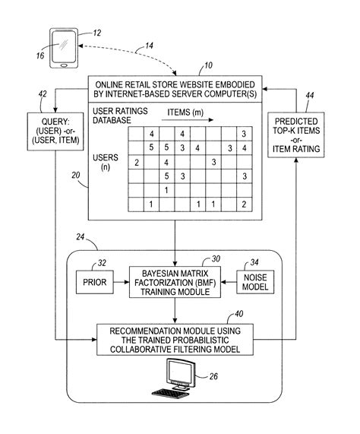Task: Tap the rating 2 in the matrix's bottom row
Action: [244, 204]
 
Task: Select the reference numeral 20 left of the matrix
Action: [75, 174]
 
